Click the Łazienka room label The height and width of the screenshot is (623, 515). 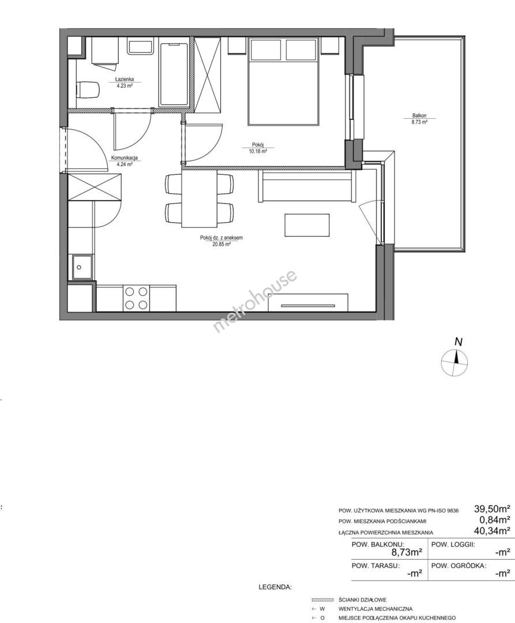(x=122, y=79)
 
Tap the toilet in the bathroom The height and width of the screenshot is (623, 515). (x=87, y=89)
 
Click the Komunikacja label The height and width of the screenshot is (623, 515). (x=125, y=157)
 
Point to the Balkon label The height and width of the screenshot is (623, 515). (x=419, y=116)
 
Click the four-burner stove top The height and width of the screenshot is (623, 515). (x=136, y=298)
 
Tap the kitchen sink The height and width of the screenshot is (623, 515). (x=82, y=268)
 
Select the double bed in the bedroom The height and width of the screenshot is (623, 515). (x=283, y=81)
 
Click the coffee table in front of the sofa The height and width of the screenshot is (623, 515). (x=307, y=225)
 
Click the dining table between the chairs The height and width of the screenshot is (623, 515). (x=200, y=198)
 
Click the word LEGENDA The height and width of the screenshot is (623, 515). (x=275, y=587)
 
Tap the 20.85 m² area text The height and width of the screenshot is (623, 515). (x=221, y=245)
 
